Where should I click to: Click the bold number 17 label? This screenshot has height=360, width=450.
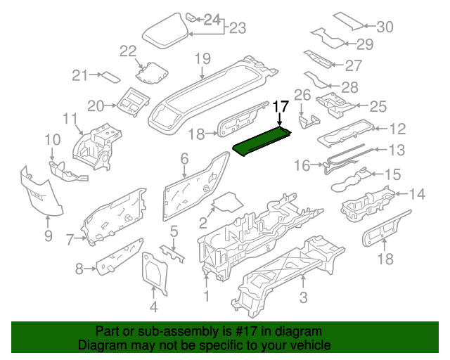(281, 106)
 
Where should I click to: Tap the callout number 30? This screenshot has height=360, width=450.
(385, 27)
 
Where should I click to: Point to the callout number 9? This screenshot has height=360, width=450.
(48, 236)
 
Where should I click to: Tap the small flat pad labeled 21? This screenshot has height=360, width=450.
(109, 77)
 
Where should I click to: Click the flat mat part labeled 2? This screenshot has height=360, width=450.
(226, 204)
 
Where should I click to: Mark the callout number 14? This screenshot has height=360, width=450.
(417, 194)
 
